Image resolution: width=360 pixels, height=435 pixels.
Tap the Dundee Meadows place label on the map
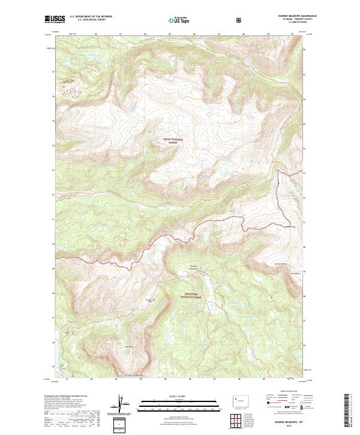pos(194,266)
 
